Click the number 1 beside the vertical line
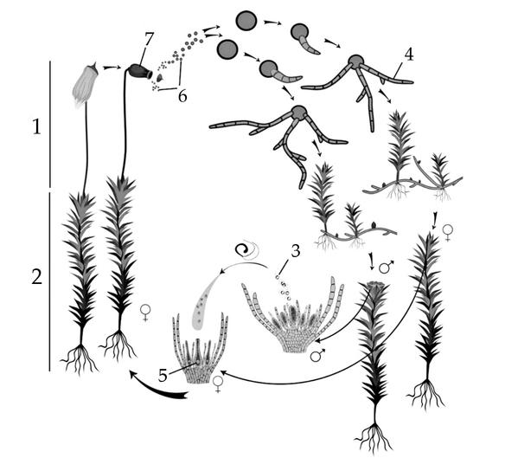coord(36,126)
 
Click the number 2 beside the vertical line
coord(36,276)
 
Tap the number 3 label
coord(295,251)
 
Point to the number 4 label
coord(409,55)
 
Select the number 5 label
coord(163,376)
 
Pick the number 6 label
coord(182,96)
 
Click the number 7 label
coord(149,39)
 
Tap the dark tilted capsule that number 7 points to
coord(140,71)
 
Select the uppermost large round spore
coord(246,21)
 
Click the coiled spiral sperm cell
coord(245,250)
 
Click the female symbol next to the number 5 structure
coord(218,384)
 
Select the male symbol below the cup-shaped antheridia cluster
coord(317,355)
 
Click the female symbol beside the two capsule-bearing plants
coord(145,313)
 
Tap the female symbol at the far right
coord(448,233)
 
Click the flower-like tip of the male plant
coord(375,287)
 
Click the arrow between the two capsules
coord(112,68)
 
